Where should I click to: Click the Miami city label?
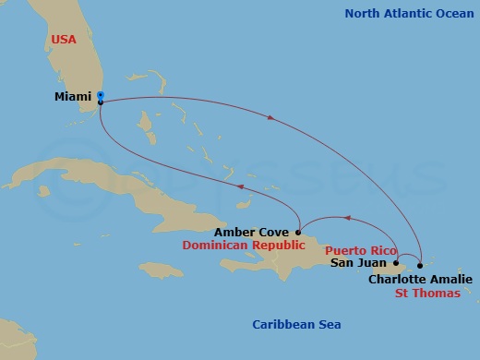click(x=74, y=96)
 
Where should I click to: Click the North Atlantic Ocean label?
click(x=411, y=13)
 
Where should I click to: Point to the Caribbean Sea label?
click(x=297, y=324)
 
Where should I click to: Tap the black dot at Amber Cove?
click(x=297, y=232)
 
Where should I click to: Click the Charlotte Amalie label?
click(x=420, y=279)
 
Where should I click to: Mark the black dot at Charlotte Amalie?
click(x=420, y=266)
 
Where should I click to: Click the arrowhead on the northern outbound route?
click(x=270, y=117)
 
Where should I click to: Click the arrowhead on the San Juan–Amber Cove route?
click(x=347, y=219)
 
